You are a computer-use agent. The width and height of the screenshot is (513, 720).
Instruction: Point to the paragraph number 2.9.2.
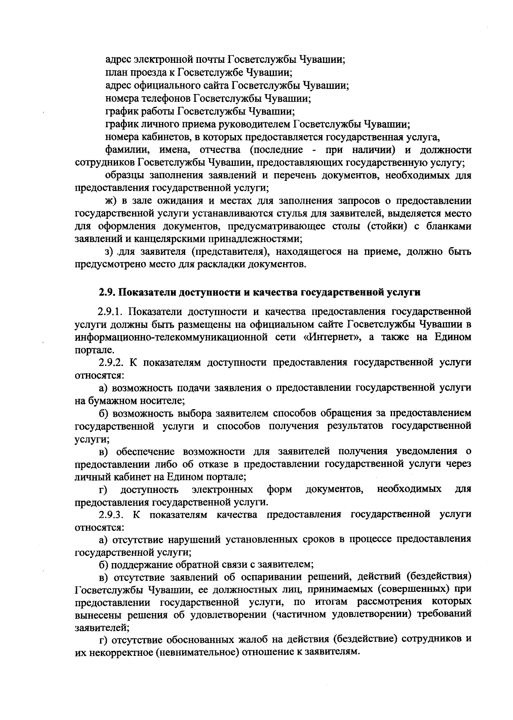pos(112,363)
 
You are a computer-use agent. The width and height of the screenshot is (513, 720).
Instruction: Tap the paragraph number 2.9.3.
pos(112,514)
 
